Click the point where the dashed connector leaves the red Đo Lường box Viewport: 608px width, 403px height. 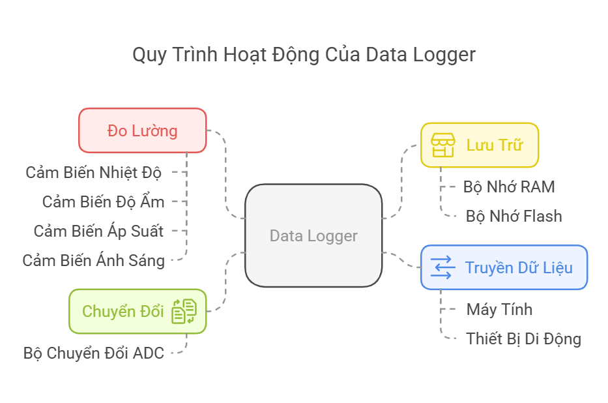207,130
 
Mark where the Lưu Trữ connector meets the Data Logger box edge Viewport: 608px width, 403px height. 382,218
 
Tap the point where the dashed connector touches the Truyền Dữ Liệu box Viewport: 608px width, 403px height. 421,267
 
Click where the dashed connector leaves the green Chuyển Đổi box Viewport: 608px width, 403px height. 207,311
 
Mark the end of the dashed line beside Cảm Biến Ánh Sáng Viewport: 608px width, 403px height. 172,260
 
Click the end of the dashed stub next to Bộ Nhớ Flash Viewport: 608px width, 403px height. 457,216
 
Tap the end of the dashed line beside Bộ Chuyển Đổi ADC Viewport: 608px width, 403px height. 172,353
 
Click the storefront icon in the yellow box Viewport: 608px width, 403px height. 443,145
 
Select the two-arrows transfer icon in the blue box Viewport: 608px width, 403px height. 443,267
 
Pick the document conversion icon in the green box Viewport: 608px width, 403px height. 184,311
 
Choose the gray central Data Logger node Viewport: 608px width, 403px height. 313,235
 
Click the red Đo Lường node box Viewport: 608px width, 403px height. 142,130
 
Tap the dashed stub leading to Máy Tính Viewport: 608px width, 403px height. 448,310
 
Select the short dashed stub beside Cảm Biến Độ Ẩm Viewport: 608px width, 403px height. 179,201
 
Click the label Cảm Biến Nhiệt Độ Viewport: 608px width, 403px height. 93,173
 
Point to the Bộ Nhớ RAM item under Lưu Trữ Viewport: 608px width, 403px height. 509,187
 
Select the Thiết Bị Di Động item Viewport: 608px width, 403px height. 523,339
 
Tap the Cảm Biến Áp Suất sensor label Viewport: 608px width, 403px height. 98,231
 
